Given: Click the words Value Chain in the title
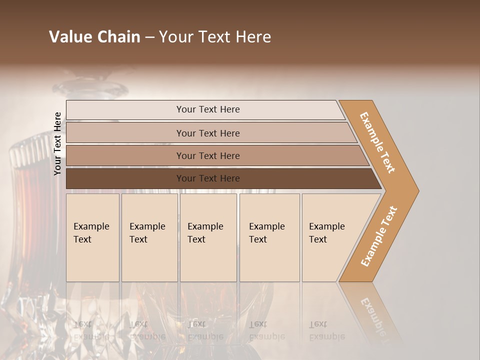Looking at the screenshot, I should [94, 37].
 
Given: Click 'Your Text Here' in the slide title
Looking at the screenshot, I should [215, 37].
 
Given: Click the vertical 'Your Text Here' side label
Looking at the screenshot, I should [57, 143].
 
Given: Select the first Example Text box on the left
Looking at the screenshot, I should [92, 237].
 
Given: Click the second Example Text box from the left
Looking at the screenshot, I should [149, 237].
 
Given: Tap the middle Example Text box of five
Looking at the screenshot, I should [208, 237].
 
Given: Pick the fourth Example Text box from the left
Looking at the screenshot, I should [269, 237].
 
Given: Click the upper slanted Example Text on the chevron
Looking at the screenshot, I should [377, 142].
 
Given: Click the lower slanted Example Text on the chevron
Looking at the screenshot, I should [378, 236].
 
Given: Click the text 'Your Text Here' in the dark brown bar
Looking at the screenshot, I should [208, 178].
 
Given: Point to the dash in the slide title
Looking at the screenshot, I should [149, 37].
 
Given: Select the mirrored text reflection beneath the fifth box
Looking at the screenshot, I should [326, 330].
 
